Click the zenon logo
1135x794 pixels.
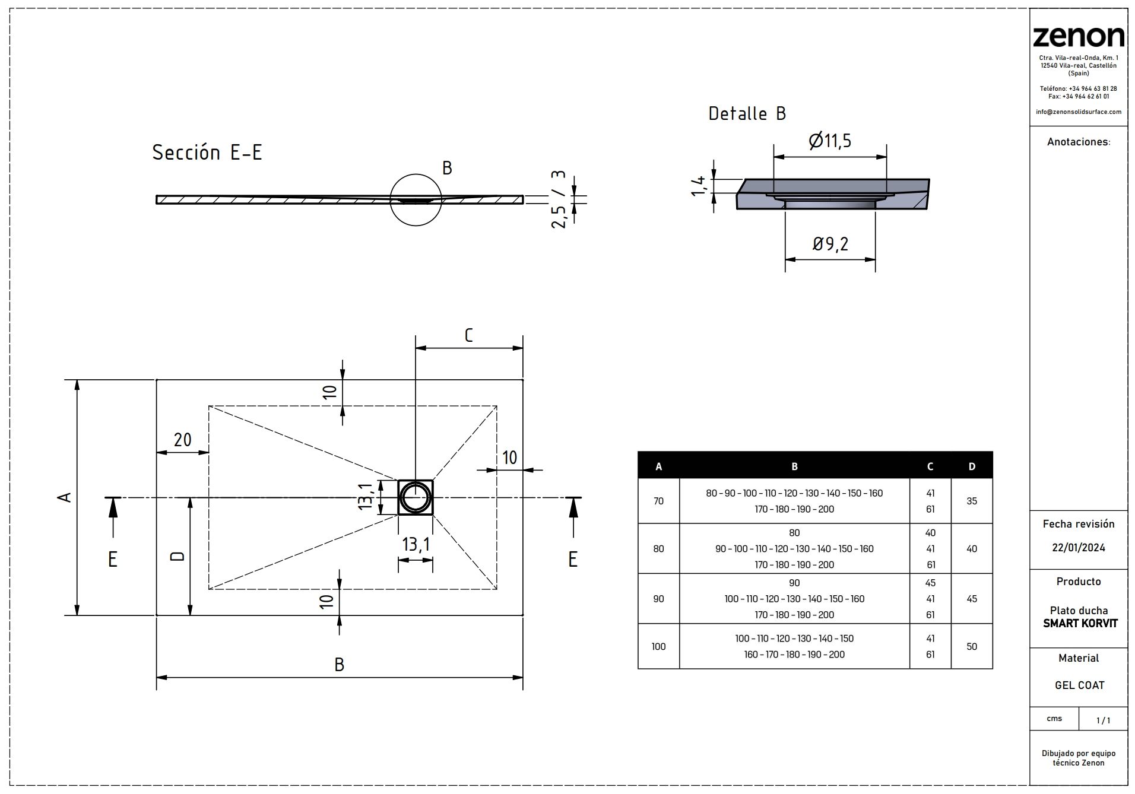tap(1078, 37)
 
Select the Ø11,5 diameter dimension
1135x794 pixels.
tap(830, 141)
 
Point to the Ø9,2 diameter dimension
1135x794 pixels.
tap(830, 243)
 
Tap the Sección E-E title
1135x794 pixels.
tap(207, 153)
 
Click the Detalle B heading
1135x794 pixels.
tap(747, 113)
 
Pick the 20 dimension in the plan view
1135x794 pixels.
tap(182, 440)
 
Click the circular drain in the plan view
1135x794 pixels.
tap(415, 497)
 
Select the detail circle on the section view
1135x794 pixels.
tap(416, 200)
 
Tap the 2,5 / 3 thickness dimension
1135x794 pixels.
tap(559, 199)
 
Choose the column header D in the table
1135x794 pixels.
tap(971, 466)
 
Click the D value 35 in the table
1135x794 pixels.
tap(971, 501)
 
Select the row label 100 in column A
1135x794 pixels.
tap(658, 646)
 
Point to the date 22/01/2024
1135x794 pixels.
tap(1078, 548)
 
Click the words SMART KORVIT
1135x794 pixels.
tap(1080, 624)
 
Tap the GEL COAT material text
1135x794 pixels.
tap(1079, 685)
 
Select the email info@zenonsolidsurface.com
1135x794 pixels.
tap(1078, 112)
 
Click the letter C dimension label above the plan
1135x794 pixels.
tap(468, 336)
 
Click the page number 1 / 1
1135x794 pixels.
tap(1103, 720)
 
